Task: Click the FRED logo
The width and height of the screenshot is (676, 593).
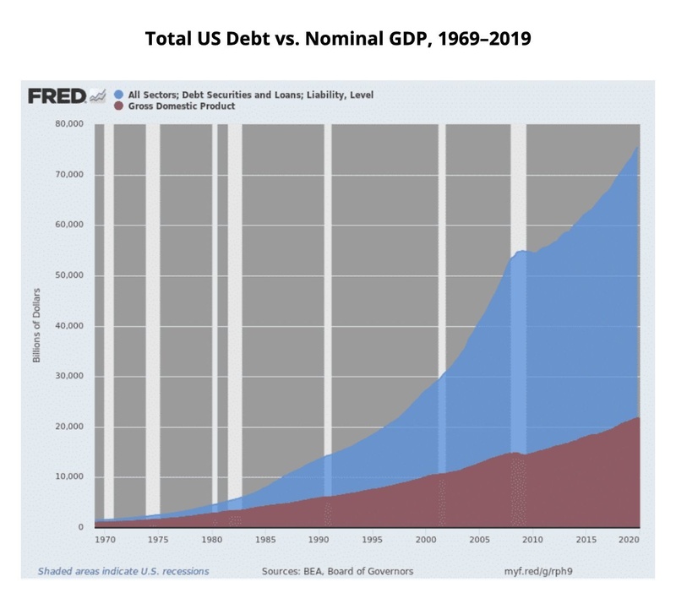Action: pyautogui.click(x=57, y=95)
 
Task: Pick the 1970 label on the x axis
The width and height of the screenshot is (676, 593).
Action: pyautogui.click(x=105, y=538)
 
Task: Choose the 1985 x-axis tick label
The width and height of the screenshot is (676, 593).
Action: pyautogui.click(x=265, y=538)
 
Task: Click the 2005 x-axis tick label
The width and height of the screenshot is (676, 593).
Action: pyautogui.click(x=479, y=538)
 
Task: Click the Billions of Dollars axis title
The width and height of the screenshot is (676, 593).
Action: pyautogui.click(x=37, y=324)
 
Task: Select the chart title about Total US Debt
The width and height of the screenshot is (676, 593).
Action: pyautogui.click(x=338, y=40)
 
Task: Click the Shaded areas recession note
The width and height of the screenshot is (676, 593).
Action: pyautogui.click(x=123, y=571)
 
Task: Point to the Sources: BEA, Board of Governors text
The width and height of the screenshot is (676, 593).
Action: pyautogui.click(x=338, y=571)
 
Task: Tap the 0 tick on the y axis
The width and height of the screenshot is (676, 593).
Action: pyautogui.click(x=80, y=527)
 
